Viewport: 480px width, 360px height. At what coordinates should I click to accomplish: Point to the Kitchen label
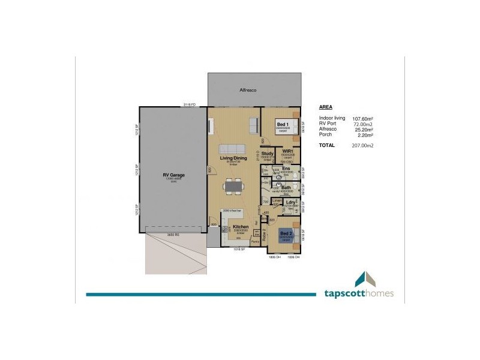[x=232, y=227]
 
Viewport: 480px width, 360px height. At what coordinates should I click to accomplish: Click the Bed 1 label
[x=283, y=124]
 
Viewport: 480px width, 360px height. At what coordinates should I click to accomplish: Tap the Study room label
[x=268, y=154]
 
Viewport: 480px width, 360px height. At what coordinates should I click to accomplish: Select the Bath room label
[x=286, y=187]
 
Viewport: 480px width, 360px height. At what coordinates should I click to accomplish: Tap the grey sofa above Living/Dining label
[x=231, y=148]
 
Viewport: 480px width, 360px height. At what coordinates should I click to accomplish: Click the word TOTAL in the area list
[x=327, y=145]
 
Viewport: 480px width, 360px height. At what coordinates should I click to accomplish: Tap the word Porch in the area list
[x=326, y=134]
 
